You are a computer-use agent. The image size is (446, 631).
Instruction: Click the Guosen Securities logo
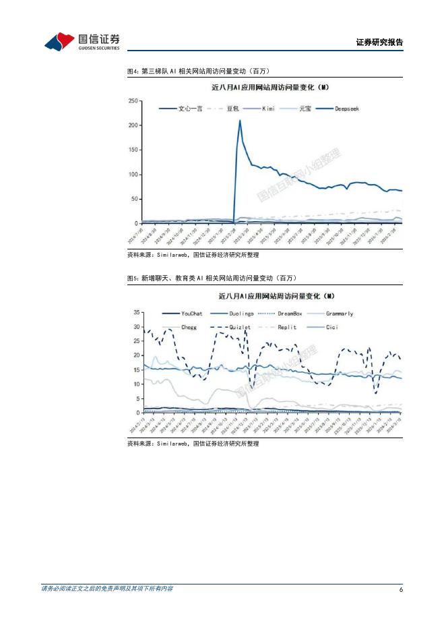click(82, 42)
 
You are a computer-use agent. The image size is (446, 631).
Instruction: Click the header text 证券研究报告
click(379, 42)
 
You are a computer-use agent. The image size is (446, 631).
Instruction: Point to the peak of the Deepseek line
click(240, 121)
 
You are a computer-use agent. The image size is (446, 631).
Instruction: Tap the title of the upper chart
click(269, 87)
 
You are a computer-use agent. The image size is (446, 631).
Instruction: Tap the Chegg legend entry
click(189, 327)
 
